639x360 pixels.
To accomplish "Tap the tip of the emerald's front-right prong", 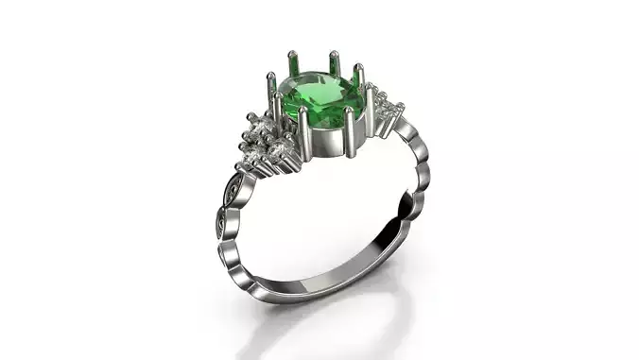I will tap(351, 112).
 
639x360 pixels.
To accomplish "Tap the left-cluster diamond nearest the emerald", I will tap(280, 149).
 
